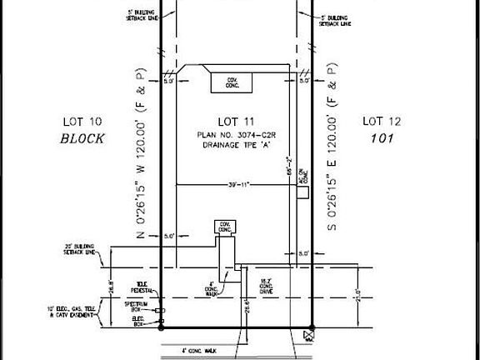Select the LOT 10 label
pyautogui.click(x=82, y=122)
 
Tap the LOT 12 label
pyautogui.click(x=382, y=122)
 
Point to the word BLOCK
pyautogui.click(x=82, y=139)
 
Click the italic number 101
pyautogui.click(x=382, y=139)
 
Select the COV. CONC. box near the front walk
pyautogui.click(x=224, y=227)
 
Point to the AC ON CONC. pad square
pyautogui.click(x=304, y=192)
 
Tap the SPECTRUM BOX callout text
pyautogui.click(x=137, y=305)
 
